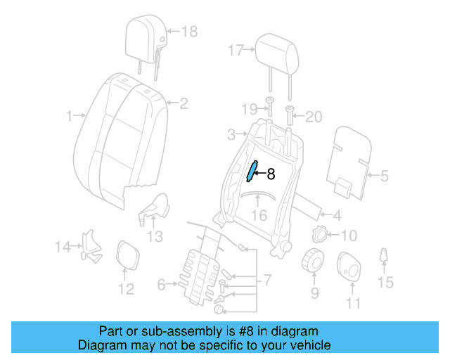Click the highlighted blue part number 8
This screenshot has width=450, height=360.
point(252,171)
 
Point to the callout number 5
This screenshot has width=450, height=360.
point(384,176)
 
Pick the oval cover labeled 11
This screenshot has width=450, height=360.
point(349,266)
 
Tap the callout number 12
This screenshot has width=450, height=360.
point(125,289)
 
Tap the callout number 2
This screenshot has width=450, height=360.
point(184,104)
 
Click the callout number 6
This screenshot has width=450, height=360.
point(161,285)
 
